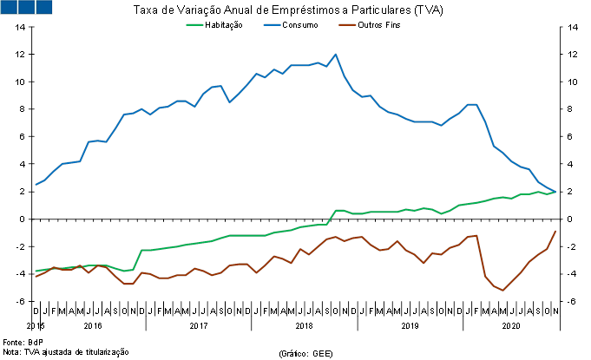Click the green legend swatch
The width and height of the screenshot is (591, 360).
pos(195,25)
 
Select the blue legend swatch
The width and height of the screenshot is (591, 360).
pos(272,25)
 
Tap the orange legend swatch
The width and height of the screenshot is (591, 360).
pos(347,25)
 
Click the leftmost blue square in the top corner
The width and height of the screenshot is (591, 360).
pos(9,7)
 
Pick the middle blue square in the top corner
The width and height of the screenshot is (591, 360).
pos(26,7)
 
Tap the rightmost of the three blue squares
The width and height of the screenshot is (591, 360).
pos(43,7)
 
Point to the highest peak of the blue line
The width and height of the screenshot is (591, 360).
pos(336,55)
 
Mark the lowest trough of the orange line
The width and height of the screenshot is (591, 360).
pos(502,290)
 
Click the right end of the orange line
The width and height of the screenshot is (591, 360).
pos(555,231)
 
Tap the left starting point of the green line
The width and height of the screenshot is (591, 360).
pos(35,271)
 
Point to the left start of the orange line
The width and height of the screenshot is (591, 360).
pos(35,277)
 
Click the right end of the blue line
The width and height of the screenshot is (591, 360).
pos(555,191)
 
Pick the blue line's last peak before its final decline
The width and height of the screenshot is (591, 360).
pos(472,104)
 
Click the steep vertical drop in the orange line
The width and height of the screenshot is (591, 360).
pos(481,256)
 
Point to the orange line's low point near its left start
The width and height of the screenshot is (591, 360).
pos(128,284)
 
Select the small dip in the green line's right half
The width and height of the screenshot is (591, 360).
pos(442,213)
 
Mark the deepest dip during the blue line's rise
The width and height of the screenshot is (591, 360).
pos(229,102)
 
